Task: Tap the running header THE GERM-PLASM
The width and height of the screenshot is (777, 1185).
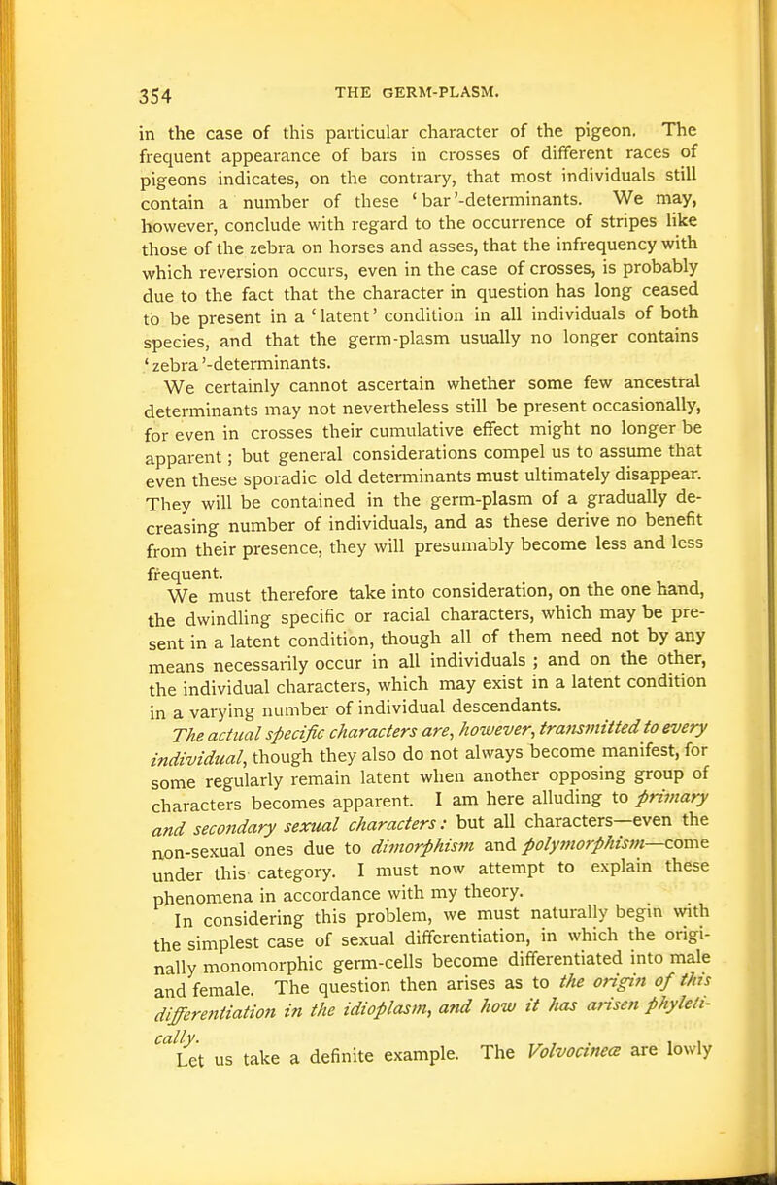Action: point(416,92)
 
